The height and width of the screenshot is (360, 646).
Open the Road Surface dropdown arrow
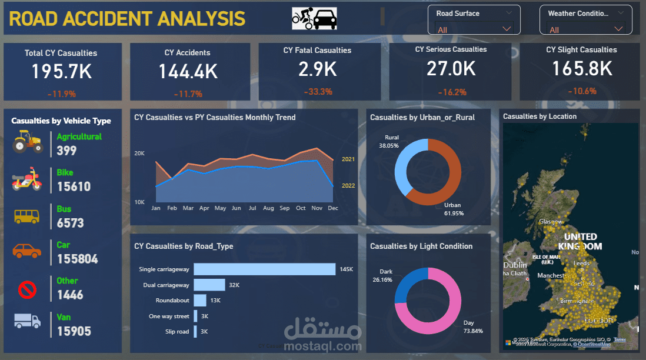(x=507, y=28)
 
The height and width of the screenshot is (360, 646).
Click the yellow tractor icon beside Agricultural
(x=27, y=142)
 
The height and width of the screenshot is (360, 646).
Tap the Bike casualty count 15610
(x=74, y=187)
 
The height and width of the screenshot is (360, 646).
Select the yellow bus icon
(x=27, y=215)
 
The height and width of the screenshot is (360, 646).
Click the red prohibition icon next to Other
(x=27, y=289)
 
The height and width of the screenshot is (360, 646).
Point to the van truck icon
(x=27, y=321)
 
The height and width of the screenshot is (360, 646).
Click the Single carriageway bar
(x=264, y=269)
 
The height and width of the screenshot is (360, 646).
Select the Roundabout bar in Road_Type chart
(x=200, y=301)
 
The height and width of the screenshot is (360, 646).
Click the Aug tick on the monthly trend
(x=268, y=208)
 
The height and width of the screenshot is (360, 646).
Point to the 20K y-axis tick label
(x=139, y=154)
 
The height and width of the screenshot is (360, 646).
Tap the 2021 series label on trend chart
(x=348, y=159)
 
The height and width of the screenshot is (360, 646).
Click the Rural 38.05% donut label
(x=388, y=141)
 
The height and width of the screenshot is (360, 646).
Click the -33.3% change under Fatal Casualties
(x=318, y=92)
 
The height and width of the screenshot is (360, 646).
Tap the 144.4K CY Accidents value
(x=188, y=72)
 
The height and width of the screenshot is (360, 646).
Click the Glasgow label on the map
(x=551, y=222)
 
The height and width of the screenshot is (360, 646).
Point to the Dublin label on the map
(x=514, y=265)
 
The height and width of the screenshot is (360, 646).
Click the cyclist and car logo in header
(x=315, y=19)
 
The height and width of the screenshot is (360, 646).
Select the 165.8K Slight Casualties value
(x=581, y=69)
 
